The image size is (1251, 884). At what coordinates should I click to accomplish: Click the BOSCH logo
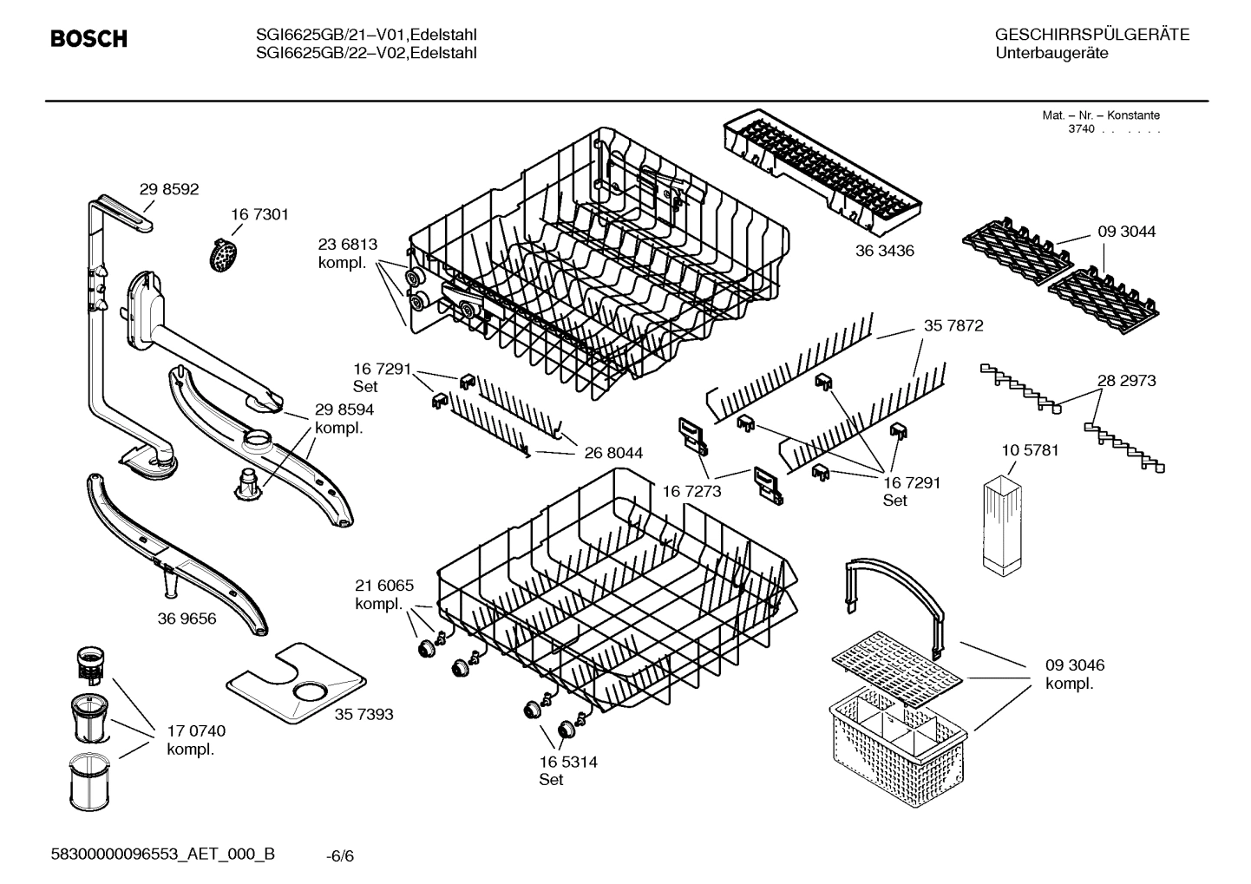pos(88,39)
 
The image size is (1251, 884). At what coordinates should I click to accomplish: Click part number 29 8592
pos(169,189)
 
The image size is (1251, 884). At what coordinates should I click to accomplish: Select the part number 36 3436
pos(884,251)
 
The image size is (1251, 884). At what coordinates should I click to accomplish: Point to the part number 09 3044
pos(1126,232)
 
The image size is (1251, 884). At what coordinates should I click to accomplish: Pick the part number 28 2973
pos(1126,380)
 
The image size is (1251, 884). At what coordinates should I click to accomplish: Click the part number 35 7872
pos(953,326)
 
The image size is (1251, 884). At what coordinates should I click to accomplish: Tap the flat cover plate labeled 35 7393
pos(295,684)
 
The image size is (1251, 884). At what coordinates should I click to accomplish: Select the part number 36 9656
pos(187,619)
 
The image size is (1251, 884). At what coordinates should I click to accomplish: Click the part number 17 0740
pos(196,731)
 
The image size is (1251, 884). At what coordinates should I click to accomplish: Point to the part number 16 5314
pos(568,762)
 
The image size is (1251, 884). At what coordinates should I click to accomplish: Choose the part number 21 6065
pos(384,585)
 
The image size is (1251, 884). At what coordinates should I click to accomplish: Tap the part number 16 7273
pos(691,492)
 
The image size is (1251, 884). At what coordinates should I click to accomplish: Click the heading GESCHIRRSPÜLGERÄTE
pos(1091,35)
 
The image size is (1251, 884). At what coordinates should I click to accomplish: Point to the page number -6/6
pos(340,856)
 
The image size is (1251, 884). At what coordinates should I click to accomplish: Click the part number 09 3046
pos(1074,665)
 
